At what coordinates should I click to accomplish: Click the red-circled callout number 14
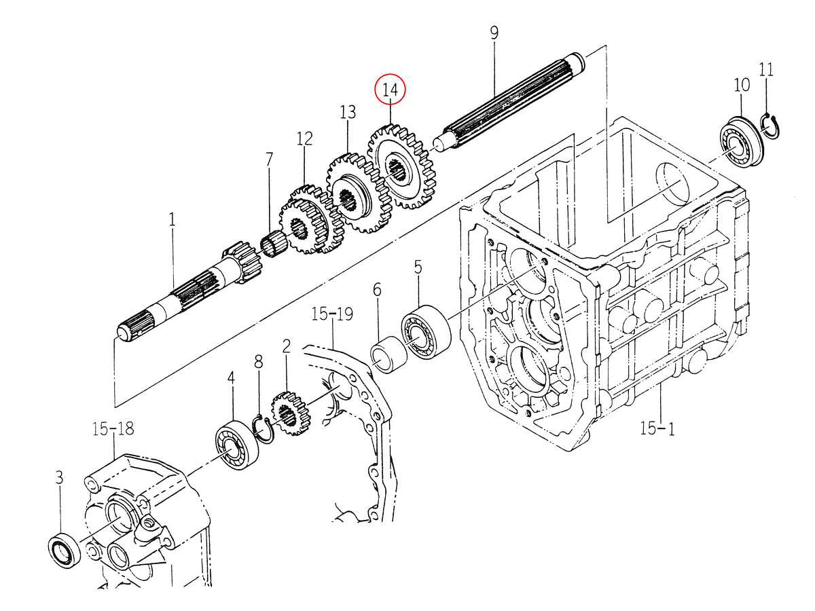[391, 90]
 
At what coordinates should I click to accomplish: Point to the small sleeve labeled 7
[274, 244]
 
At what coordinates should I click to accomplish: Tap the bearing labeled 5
[426, 331]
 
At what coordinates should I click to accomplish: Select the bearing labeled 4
[236, 445]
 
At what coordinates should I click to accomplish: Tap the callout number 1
[172, 220]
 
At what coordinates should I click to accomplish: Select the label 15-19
[333, 314]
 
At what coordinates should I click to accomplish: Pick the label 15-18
[113, 428]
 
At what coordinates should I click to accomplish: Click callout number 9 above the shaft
[494, 32]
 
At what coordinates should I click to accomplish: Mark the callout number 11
[767, 69]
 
